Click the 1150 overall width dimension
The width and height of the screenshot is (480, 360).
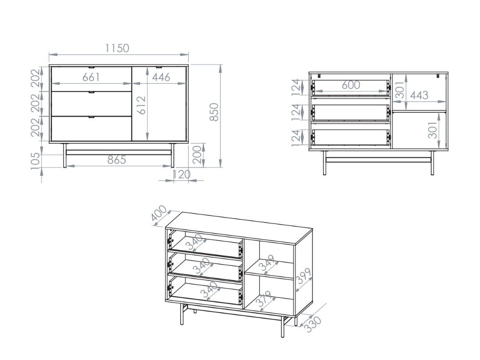coord(117,48)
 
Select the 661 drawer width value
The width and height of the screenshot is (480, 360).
coord(91,77)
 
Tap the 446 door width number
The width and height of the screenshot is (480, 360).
coord(161,77)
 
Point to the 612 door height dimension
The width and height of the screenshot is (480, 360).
coord(142,105)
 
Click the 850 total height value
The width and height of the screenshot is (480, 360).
coord(214,112)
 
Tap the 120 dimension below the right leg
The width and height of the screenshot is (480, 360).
coord(181,174)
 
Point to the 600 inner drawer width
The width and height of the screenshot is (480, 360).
coord(350,85)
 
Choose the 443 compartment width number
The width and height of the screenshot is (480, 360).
coord(419,95)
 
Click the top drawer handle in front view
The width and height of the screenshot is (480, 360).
coord(91,67)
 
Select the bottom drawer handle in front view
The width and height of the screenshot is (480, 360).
coord(91,117)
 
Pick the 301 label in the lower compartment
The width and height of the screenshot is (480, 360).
coord(433,130)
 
